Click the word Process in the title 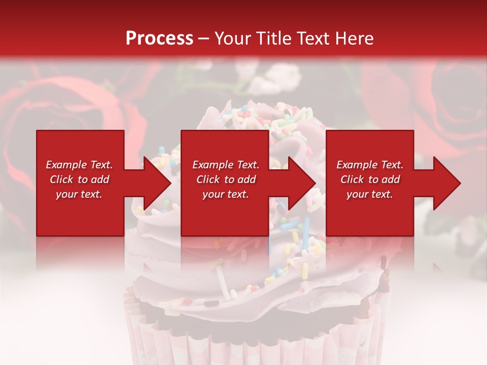click(159, 39)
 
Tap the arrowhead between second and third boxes click(301, 183)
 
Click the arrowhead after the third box click(446, 183)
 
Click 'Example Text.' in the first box click(80, 165)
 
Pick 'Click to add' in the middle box click(226, 179)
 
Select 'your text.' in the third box click(369, 194)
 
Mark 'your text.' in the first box click(79, 194)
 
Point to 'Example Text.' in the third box click(370, 165)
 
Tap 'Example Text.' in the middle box click(226, 165)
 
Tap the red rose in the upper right click(446, 96)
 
